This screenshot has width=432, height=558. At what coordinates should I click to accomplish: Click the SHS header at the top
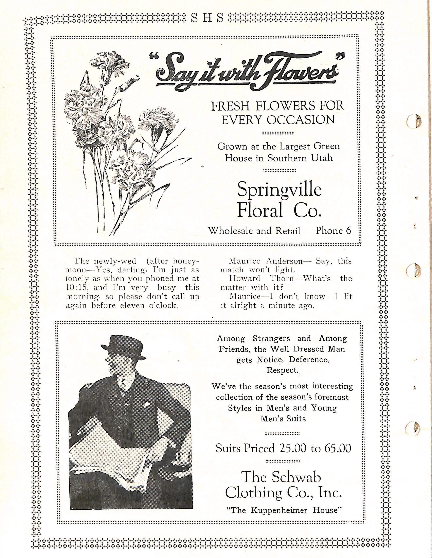208,18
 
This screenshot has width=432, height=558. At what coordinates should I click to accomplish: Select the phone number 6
348,231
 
